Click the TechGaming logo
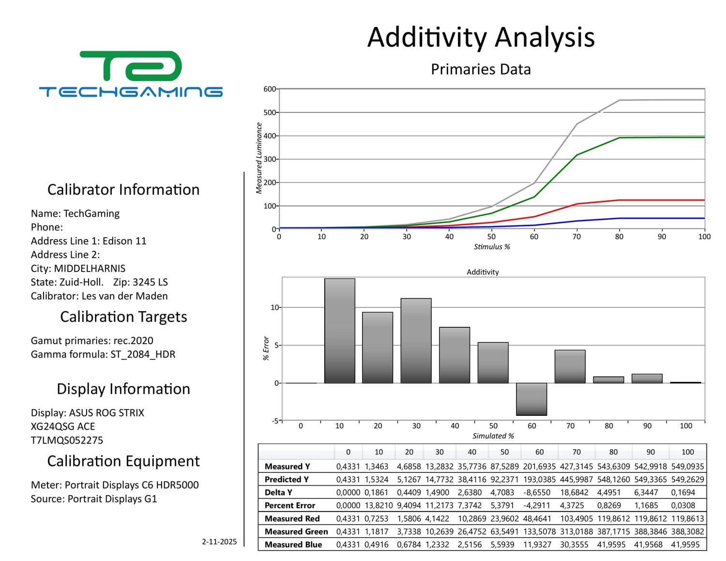tap(131, 74)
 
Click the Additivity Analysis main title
tap(481, 37)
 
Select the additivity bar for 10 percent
tap(339, 331)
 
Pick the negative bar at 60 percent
tap(531, 399)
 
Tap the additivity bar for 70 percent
tap(570, 366)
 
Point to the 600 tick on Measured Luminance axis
tap(270, 89)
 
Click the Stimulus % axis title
tap(492, 247)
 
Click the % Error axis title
tap(266, 348)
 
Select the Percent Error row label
tap(289, 505)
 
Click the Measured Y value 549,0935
tap(687, 467)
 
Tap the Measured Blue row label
tap(293, 545)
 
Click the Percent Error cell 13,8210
tap(378, 505)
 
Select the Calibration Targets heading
tap(123, 317)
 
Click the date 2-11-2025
tap(219, 542)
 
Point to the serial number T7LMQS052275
tap(67, 440)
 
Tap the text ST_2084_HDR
tap(143, 354)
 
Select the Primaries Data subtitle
tap(481, 69)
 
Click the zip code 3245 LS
tap(150, 282)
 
